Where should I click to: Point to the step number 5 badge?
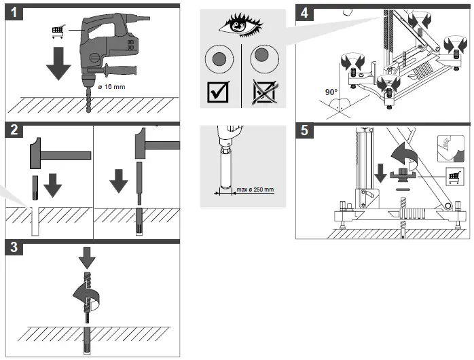[x=306, y=131]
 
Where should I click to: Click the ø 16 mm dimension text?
[x=111, y=87]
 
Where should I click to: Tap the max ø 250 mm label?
[x=255, y=190]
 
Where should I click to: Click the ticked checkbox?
[x=218, y=91]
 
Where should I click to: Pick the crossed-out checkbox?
[x=263, y=91]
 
